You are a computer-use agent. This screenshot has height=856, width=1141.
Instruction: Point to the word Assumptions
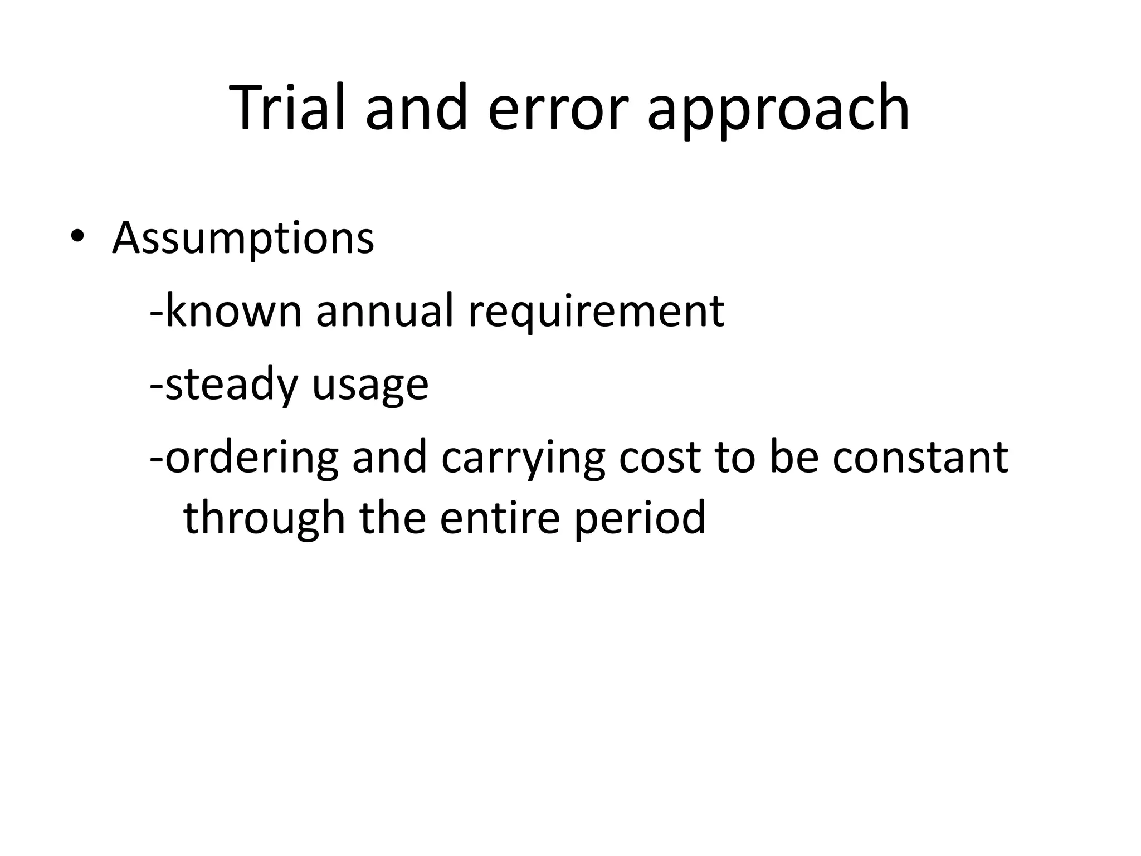point(243,239)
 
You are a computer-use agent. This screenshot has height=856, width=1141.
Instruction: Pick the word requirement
point(596,312)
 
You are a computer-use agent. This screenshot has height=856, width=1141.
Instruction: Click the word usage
point(370,386)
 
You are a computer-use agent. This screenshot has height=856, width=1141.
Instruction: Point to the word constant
point(920,458)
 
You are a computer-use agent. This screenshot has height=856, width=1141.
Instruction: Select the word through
point(265,519)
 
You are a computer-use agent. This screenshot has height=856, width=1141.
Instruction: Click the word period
point(640,519)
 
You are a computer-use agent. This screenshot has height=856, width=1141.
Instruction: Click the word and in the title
point(416,109)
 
